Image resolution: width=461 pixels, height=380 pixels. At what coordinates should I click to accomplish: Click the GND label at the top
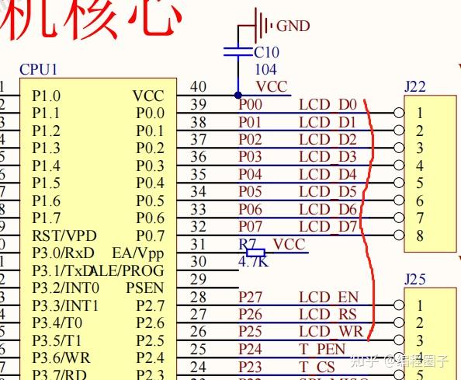point(293,26)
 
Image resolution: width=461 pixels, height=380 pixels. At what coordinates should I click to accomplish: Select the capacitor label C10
point(266,53)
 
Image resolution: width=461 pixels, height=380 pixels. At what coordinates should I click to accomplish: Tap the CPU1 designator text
point(39,69)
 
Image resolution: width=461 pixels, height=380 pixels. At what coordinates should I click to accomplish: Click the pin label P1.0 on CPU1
point(46,96)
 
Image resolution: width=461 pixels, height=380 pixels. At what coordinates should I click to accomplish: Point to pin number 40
point(199,88)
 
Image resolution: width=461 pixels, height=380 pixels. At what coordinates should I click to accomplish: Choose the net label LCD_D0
point(327,104)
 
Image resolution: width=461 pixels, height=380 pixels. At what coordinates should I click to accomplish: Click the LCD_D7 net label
point(327,227)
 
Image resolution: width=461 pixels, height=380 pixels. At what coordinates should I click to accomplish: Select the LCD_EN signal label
point(328,297)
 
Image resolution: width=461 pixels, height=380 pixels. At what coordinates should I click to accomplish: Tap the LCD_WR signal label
point(329,332)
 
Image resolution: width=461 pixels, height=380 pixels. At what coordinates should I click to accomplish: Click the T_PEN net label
point(322,350)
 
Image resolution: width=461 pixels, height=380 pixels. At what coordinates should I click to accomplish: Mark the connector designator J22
point(415,87)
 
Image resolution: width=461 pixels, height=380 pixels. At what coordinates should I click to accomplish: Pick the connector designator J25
point(415,279)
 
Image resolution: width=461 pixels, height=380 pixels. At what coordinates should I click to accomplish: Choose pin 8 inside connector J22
point(419,235)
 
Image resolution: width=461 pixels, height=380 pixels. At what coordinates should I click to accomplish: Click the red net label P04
point(250,174)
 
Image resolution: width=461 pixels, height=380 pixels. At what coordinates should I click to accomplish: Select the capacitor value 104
point(265,70)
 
